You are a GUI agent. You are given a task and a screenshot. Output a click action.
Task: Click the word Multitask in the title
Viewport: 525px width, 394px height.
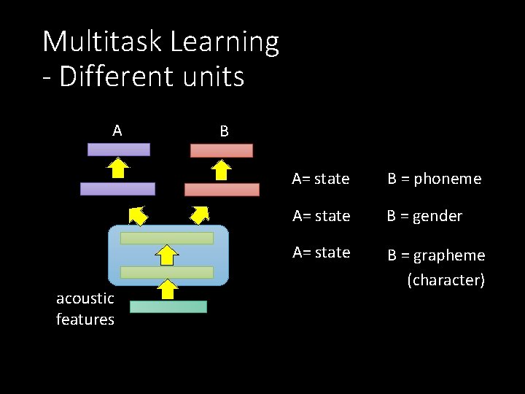tap(103, 42)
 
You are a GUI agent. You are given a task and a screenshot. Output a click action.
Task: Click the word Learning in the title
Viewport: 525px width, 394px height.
tap(225, 43)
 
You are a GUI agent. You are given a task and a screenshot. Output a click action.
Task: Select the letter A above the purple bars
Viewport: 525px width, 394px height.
tap(117, 131)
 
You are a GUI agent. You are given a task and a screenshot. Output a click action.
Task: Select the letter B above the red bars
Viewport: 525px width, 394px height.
tap(224, 131)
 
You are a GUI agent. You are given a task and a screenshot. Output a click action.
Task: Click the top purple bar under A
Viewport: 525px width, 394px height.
tap(119, 150)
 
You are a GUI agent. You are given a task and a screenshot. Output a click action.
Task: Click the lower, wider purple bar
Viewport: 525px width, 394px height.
tap(117, 189)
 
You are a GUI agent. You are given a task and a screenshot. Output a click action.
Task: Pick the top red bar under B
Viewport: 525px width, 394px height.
tap(222, 151)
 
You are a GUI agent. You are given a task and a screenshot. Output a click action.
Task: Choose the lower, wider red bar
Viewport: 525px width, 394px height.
tap(222, 190)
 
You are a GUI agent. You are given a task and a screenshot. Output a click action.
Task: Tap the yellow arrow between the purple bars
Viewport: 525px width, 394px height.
tap(118, 169)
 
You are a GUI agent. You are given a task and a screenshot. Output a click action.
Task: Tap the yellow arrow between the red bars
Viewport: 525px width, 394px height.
tap(222, 170)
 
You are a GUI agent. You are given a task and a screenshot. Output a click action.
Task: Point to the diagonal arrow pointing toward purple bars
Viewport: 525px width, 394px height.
tap(137, 215)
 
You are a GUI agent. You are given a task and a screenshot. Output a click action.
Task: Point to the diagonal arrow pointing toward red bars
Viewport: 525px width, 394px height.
tap(200, 213)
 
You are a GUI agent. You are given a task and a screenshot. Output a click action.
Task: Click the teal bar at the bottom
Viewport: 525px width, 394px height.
tap(169, 307)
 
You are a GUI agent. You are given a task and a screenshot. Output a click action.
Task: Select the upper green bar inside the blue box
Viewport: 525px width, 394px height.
tap(167, 238)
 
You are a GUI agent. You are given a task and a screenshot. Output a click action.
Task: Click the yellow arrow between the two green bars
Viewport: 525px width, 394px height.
tap(168, 255)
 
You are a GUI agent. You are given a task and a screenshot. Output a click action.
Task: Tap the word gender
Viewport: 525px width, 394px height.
tap(437, 217)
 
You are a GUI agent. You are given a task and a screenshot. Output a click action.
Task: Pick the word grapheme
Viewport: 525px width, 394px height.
tap(449, 256)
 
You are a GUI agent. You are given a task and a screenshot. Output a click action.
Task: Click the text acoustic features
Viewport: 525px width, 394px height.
tap(85, 309)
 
